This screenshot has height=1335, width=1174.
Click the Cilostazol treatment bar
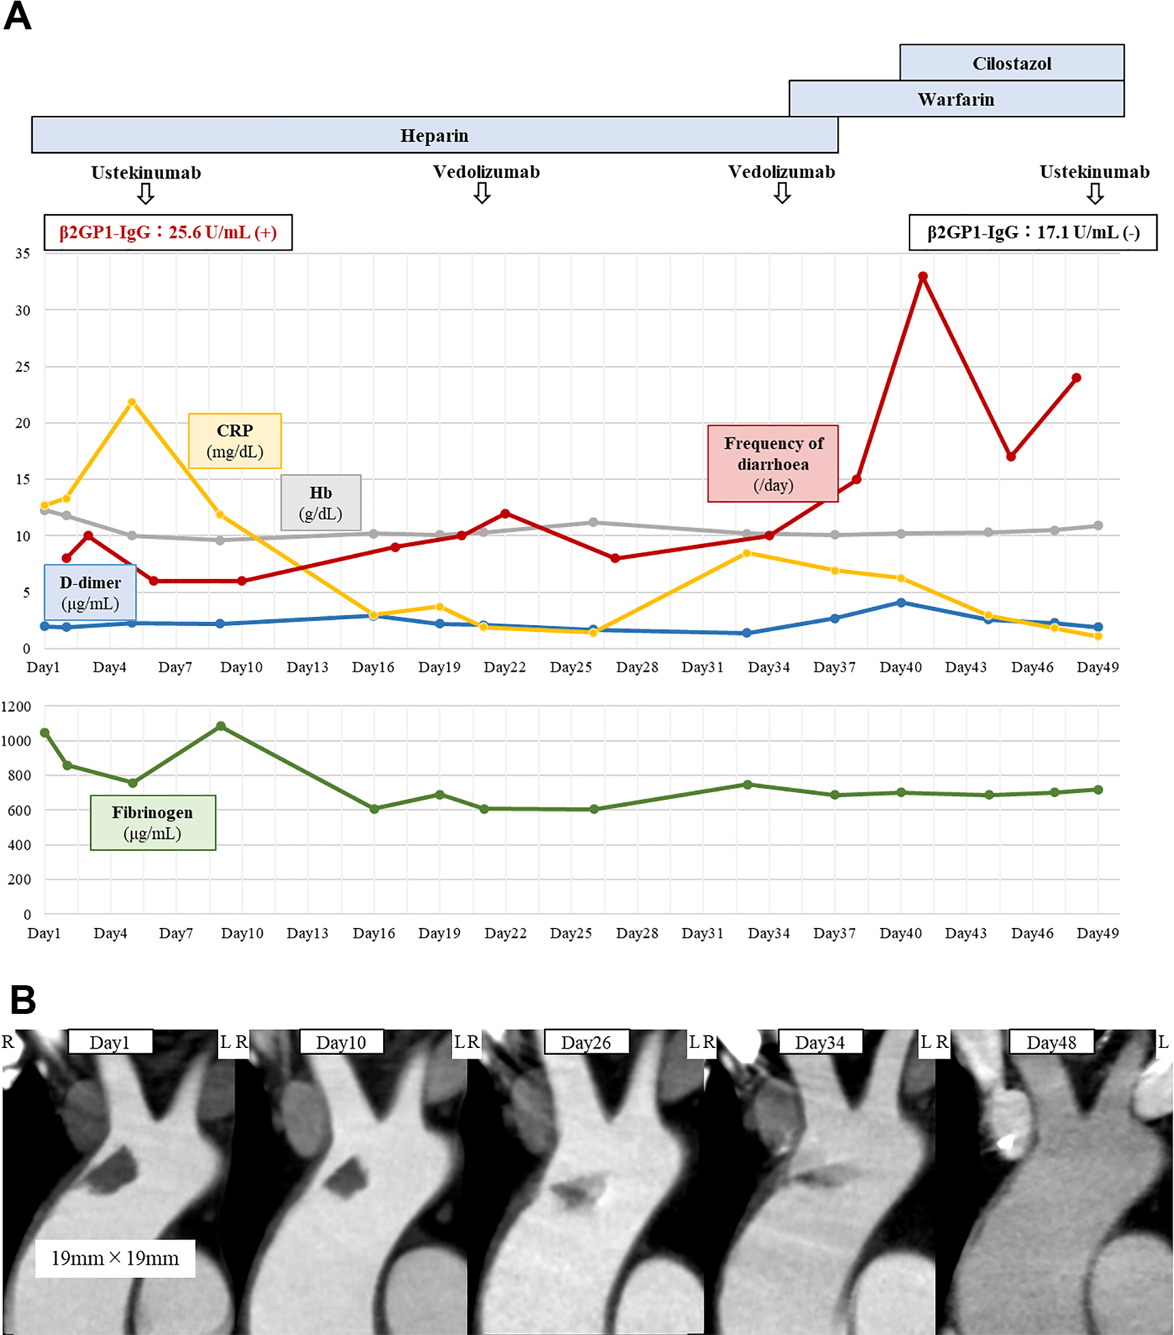[x=1011, y=63]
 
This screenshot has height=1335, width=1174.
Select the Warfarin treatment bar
[x=956, y=99]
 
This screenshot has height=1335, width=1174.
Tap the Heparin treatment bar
[x=434, y=135]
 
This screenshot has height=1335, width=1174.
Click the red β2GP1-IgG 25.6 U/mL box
[x=168, y=232]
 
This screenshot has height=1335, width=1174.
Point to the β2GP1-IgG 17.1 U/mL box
[x=1032, y=232]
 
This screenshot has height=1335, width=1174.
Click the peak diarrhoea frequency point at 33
[x=922, y=277]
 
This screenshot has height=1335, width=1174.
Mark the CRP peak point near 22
[x=132, y=402]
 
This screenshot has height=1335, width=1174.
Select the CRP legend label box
[x=235, y=440]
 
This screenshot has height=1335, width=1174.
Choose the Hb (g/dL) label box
[x=320, y=502]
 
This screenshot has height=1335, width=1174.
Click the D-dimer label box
[x=90, y=592]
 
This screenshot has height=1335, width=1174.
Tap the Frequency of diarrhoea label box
[x=772, y=464]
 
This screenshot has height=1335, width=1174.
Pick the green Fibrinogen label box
[x=153, y=822]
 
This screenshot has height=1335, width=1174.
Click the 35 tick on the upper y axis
[x=23, y=254]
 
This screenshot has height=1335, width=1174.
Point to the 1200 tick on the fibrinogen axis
[x=16, y=706]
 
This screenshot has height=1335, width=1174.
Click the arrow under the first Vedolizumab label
[x=482, y=194]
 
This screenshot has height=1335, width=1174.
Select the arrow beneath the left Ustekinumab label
[x=145, y=194]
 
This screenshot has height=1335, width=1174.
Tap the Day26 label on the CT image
[x=586, y=1042]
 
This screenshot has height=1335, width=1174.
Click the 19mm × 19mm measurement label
[x=115, y=1258]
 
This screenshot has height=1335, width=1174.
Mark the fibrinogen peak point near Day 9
[x=220, y=727]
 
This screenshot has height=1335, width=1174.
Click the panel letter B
[x=22, y=1000]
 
